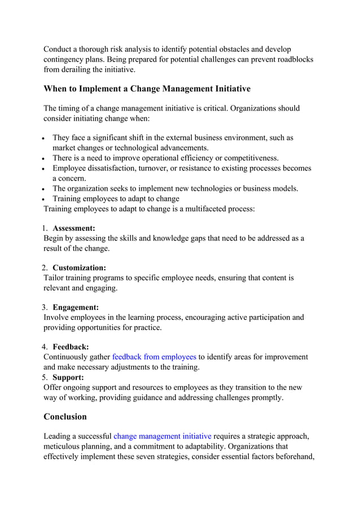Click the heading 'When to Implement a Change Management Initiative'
[x=147, y=89]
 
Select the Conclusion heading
[x=65, y=416]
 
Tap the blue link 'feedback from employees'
[x=154, y=357]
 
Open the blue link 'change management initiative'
[x=163, y=436]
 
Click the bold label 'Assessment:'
[x=74, y=229]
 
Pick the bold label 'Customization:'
[x=79, y=268]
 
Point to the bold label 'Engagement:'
[x=76, y=308]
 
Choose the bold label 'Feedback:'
[x=71, y=347]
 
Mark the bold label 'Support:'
[x=68, y=377]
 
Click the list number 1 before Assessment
[x=46, y=229]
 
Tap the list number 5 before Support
[x=46, y=377]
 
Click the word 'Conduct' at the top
[x=59, y=50]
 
